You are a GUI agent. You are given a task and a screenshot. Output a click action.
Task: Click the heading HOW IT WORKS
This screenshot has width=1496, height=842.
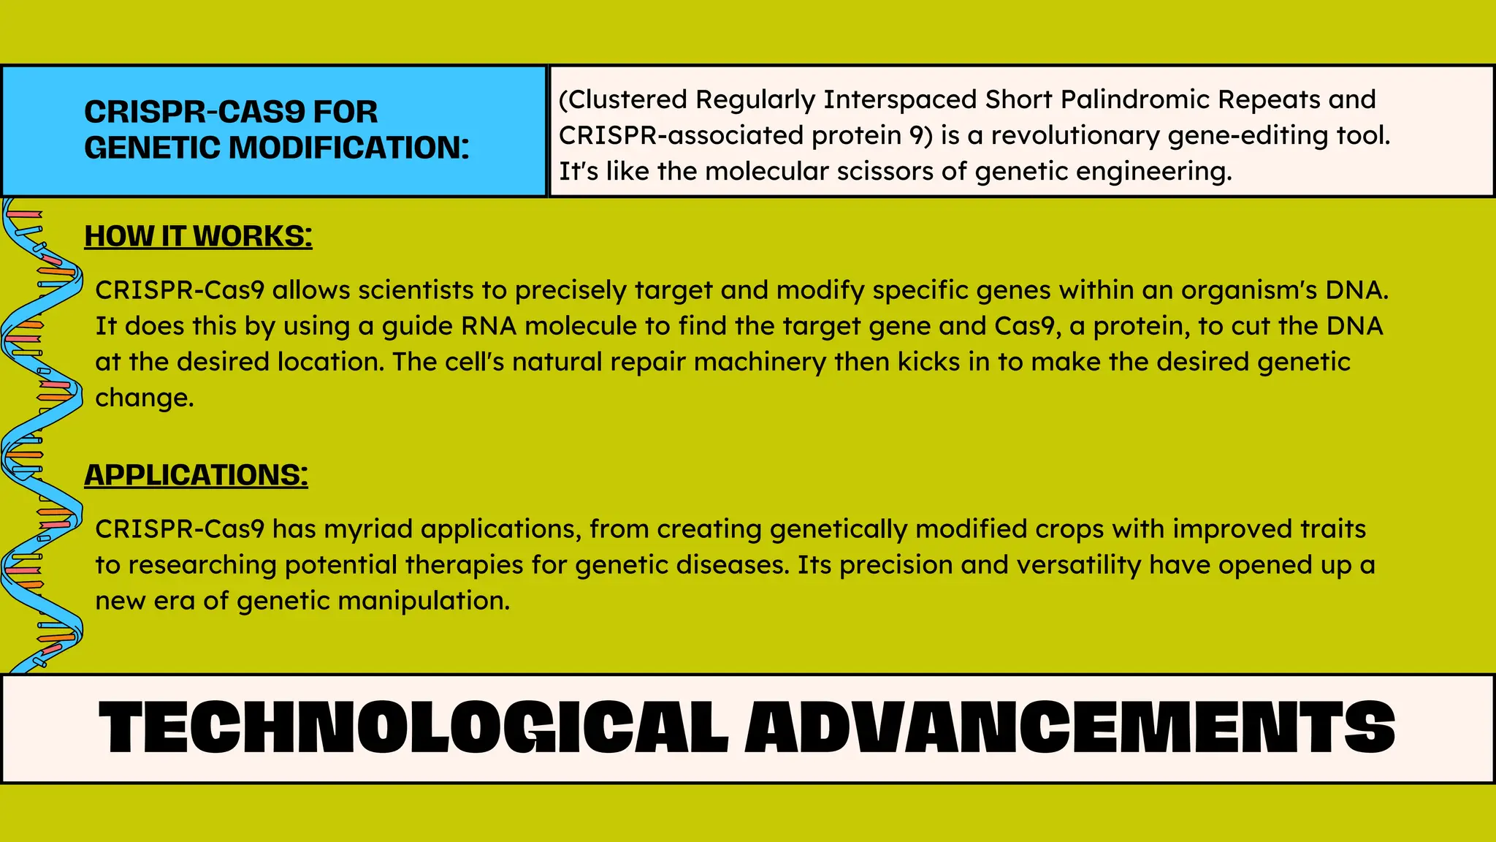tap(198, 236)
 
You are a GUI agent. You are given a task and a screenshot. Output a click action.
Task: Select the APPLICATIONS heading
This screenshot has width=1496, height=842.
tap(196, 475)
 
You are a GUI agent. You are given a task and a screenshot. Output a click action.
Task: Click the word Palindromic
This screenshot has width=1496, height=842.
tap(1154, 99)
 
